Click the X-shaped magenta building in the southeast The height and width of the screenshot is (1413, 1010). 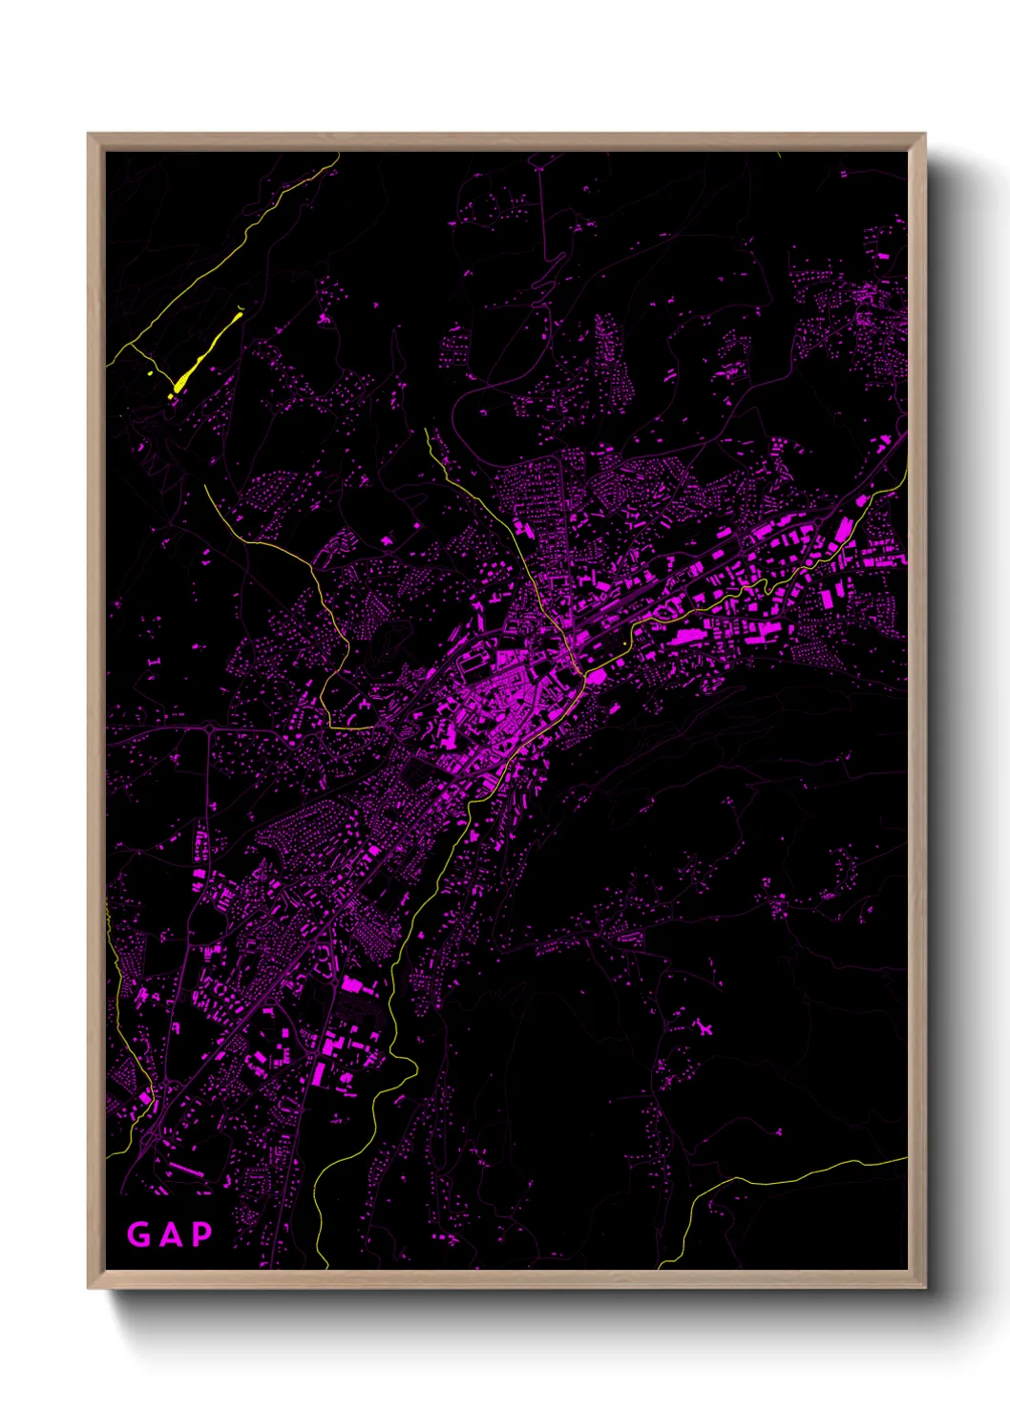(705, 1028)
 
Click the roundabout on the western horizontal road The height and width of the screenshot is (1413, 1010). (210, 729)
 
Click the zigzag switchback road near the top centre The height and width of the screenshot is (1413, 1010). (544, 277)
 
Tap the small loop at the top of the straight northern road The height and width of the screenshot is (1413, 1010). (537, 168)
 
